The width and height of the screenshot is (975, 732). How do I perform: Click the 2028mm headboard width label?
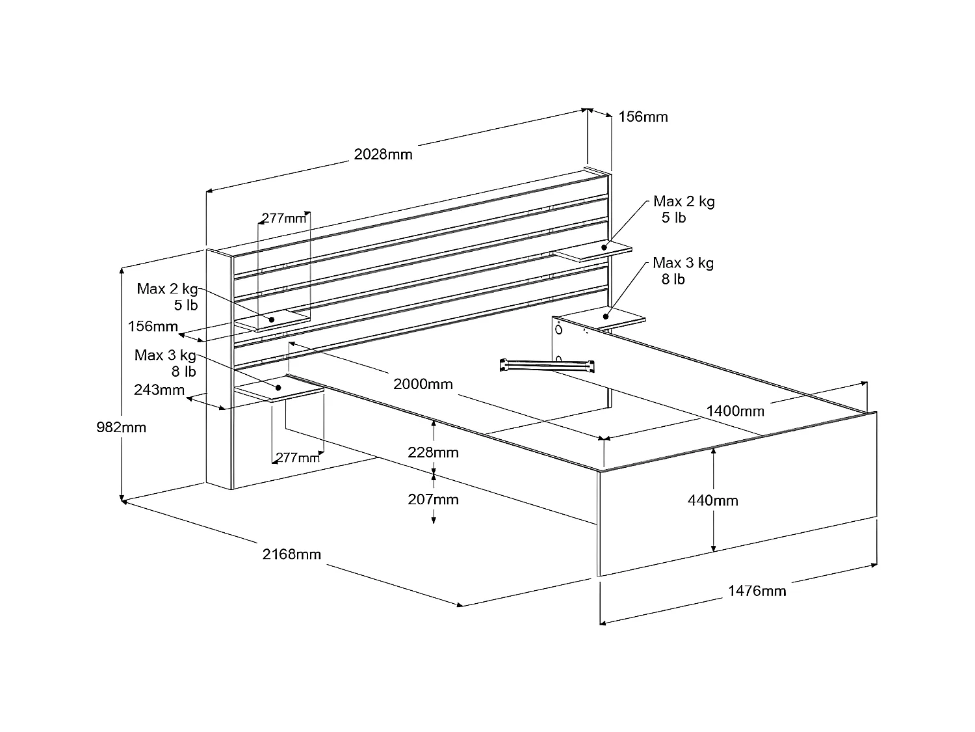(x=383, y=155)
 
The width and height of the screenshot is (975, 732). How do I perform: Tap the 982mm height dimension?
(x=121, y=427)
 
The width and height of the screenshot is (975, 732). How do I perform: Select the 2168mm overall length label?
(x=292, y=554)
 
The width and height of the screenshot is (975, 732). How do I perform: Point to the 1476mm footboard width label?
(x=757, y=591)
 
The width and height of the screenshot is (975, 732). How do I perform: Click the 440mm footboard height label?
(x=713, y=500)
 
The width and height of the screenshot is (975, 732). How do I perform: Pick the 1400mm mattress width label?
(x=735, y=411)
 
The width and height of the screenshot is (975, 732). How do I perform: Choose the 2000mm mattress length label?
(x=422, y=384)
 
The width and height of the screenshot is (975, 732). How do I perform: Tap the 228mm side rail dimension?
(x=433, y=452)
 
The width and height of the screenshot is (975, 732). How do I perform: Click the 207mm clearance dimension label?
(x=433, y=500)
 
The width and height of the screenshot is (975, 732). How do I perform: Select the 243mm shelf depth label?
(x=159, y=390)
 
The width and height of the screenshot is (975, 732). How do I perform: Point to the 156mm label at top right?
(x=643, y=117)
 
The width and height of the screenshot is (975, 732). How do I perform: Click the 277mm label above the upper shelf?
(x=283, y=219)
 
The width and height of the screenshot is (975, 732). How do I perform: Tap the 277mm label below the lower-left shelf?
(x=298, y=458)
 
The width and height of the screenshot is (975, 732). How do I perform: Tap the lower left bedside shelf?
(x=279, y=391)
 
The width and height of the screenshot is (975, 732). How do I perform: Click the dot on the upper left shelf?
(x=272, y=319)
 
